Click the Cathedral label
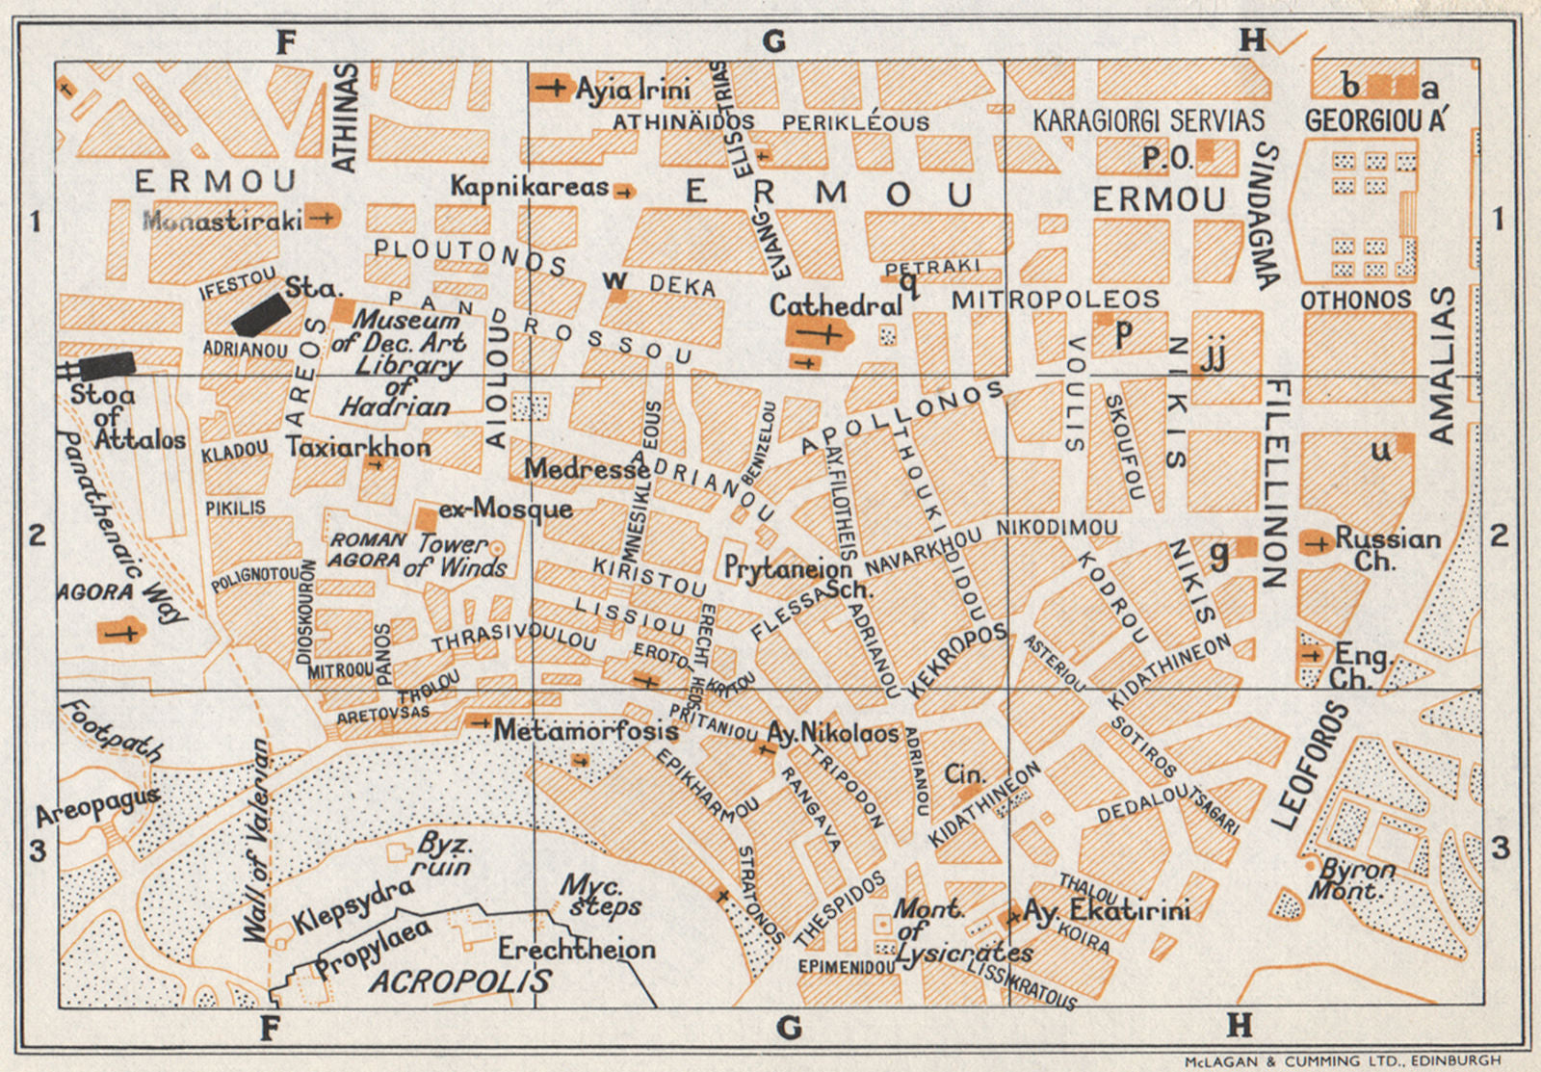tap(835, 306)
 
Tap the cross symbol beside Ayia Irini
tap(552, 88)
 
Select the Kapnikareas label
tap(530, 186)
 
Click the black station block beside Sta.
tap(260, 315)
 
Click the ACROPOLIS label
tap(460, 981)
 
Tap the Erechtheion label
tap(576, 950)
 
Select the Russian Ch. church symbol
tap(1316, 542)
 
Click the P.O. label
tap(1166, 157)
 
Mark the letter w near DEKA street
tap(614, 280)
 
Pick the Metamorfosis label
tap(586, 731)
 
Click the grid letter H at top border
tap(1252, 40)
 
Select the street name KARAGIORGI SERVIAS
tap(1148, 120)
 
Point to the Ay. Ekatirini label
tap(1107, 910)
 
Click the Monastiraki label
tap(222, 221)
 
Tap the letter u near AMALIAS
tap(1381, 451)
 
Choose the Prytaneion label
tap(787, 568)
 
